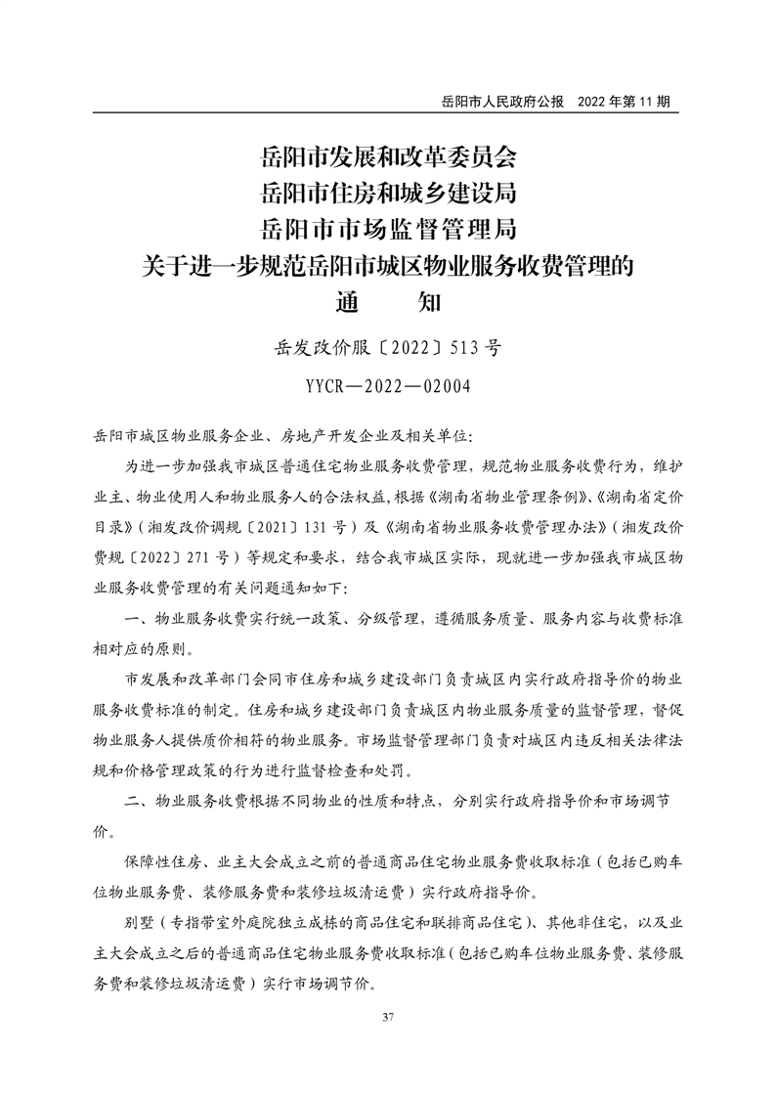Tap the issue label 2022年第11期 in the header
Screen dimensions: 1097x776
pos(625,102)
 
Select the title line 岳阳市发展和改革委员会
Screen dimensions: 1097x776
pos(388,155)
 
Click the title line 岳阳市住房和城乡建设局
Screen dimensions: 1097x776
pos(388,192)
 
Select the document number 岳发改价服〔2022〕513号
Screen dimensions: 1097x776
pos(388,347)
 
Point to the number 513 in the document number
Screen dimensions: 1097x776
pos(464,347)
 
